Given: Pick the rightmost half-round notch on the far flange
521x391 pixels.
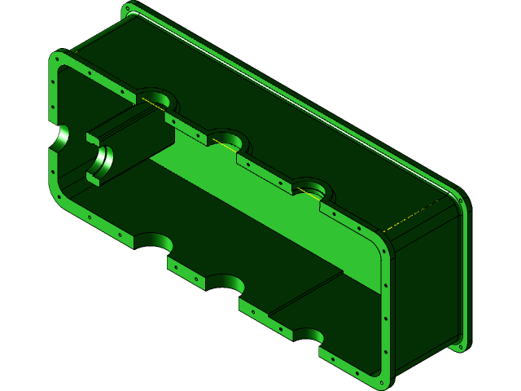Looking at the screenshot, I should [313, 188].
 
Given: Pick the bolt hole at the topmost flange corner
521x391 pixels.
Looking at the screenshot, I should [127, 10].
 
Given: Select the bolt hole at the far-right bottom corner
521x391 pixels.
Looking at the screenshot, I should [462, 346].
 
